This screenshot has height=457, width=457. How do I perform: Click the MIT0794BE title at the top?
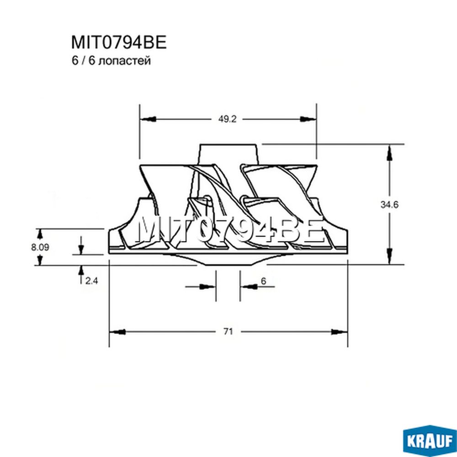[x=119, y=42]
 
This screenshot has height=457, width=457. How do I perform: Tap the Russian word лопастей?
[x=125, y=61]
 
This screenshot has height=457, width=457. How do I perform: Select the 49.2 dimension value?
[x=227, y=119]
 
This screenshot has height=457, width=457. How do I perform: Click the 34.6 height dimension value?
[x=389, y=205]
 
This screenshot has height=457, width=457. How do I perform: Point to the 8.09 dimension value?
[x=40, y=247]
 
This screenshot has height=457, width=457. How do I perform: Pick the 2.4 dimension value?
[x=91, y=281]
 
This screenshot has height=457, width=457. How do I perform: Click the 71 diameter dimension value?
[x=228, y=331]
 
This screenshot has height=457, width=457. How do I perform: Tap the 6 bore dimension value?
[x=263, y=281]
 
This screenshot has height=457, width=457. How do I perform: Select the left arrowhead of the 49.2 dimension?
[x=148, y=119]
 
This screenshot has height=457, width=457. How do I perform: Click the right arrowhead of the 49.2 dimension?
[x=308, y=119]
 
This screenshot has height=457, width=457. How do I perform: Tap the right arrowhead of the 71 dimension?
[x=339, y=332]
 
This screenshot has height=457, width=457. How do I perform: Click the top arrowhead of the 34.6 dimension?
[x=389, y=154]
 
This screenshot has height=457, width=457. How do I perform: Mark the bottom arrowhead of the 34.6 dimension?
[x=389, y=256]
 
